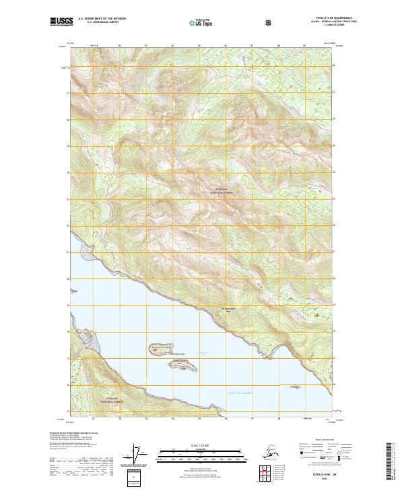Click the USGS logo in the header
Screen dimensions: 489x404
(63, 22)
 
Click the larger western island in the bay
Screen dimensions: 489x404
(154, 349)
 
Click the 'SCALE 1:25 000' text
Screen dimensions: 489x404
(202, 445)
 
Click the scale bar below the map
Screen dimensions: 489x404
(202, 453)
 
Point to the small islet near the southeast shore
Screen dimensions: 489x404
(294, 386)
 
